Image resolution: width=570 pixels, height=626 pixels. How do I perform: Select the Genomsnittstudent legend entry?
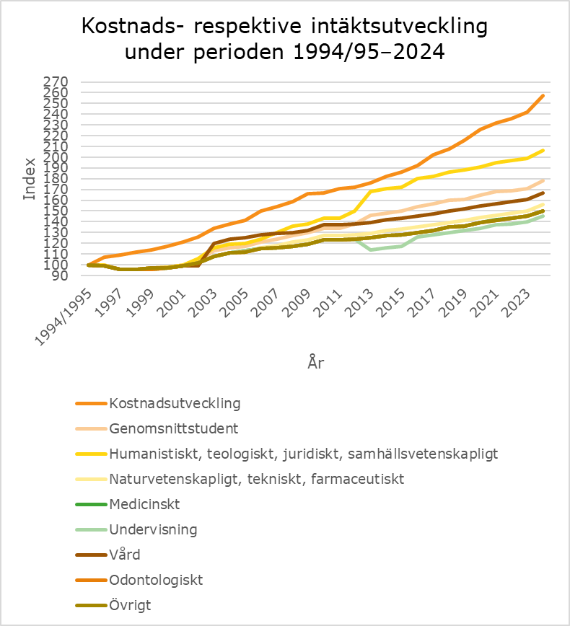pyautogui.click(x=173, y=428)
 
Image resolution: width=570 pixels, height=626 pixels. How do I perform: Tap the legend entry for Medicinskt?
pyautogui.click(x=144, y=503)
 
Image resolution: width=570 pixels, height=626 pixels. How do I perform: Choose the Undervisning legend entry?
pyautogui.click(x=152, y=529)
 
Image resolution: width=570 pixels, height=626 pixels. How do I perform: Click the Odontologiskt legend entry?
pyautogui.click(x=156, y=580)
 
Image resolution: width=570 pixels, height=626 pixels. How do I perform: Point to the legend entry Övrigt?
pyautogui.click(x=130, y=605)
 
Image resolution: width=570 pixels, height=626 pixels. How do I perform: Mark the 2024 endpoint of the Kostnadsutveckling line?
pyautogui.click(x=543, y=96)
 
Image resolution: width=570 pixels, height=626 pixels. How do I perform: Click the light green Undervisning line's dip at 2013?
pyautogui.click(x=371, y=250)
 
